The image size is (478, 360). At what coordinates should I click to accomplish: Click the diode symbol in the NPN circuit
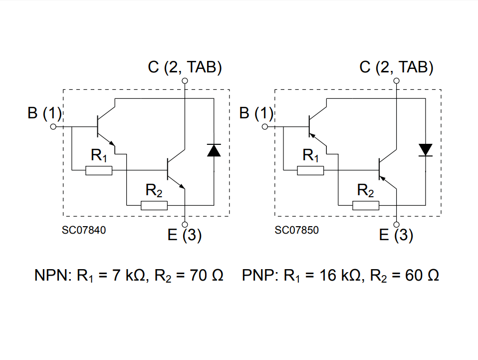point(214,150)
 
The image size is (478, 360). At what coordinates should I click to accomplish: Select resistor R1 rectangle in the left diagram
point(99,171)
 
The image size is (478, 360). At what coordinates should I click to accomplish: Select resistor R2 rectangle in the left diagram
point(154,205)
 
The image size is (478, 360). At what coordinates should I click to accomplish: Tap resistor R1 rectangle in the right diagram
point(310,171)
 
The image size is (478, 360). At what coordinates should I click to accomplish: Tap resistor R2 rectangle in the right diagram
point(366,205)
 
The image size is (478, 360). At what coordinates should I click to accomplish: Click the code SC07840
point(84,231)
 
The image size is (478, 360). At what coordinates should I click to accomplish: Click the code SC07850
point(296,231)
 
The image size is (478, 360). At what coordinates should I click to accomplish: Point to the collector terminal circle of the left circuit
point(185,80)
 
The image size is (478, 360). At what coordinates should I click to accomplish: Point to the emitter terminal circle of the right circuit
point(397,224)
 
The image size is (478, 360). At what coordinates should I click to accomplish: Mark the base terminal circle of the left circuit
point(54,127)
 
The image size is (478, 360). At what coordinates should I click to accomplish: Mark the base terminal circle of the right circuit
point(265,127)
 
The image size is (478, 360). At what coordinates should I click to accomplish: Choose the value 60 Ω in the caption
point(415,275)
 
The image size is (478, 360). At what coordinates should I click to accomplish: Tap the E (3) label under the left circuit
point(185,235)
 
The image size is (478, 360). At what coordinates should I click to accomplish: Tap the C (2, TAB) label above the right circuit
point(397,67)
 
